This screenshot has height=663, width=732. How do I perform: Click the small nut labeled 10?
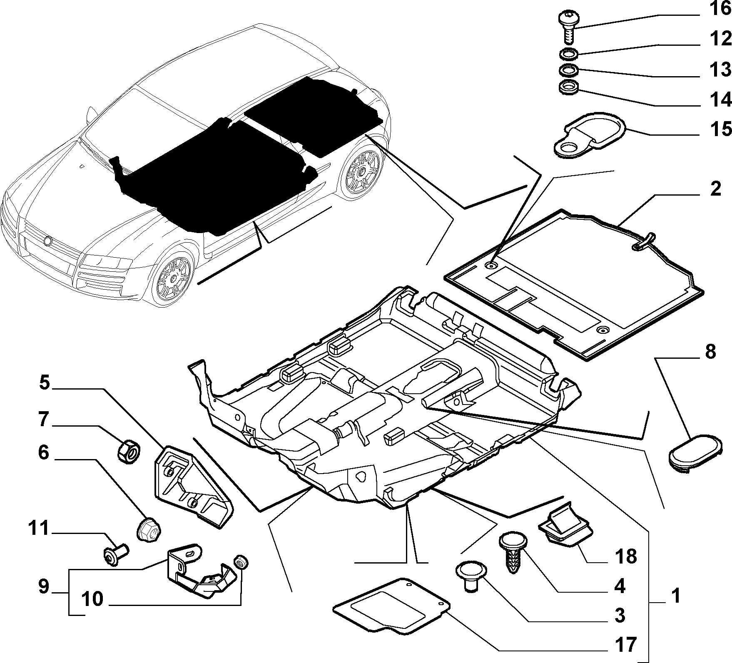tap(241, 562)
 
